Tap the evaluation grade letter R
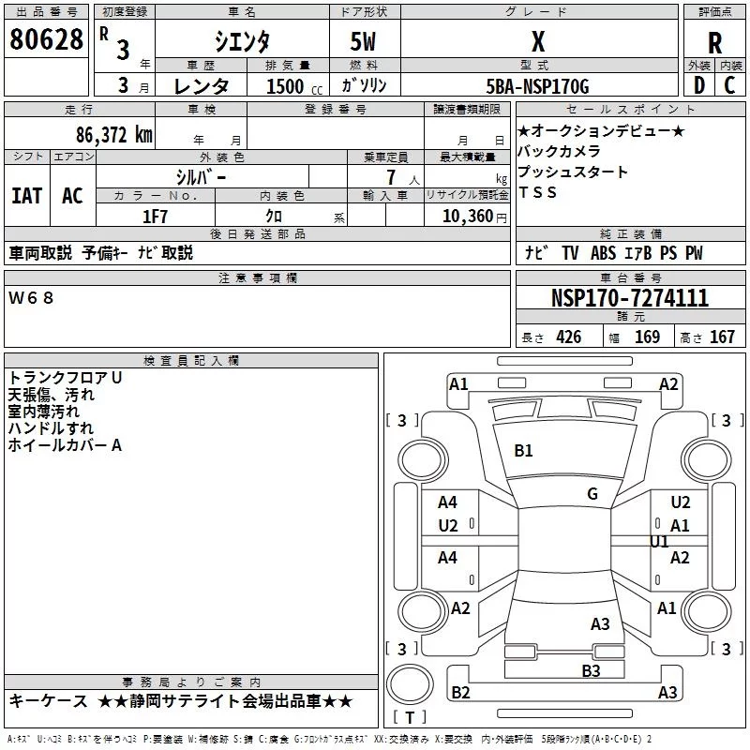click(x=714, y=43)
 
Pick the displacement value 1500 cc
click(x=287, y=86)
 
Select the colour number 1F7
click(x=155, y=217)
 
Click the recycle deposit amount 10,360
click(x=463, y=217)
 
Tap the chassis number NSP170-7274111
click(x=629, y=298)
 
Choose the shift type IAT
click(x=26, y=195)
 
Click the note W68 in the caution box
click(x=32, y=297)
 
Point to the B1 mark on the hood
click(x=523, y=451)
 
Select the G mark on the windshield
click(x=592, y=493)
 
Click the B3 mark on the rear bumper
click(x=591, y=669)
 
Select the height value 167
click(x=722, y=337)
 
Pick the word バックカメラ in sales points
click(x=559, y=151)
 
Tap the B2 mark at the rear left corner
click(x=460, y=693)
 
